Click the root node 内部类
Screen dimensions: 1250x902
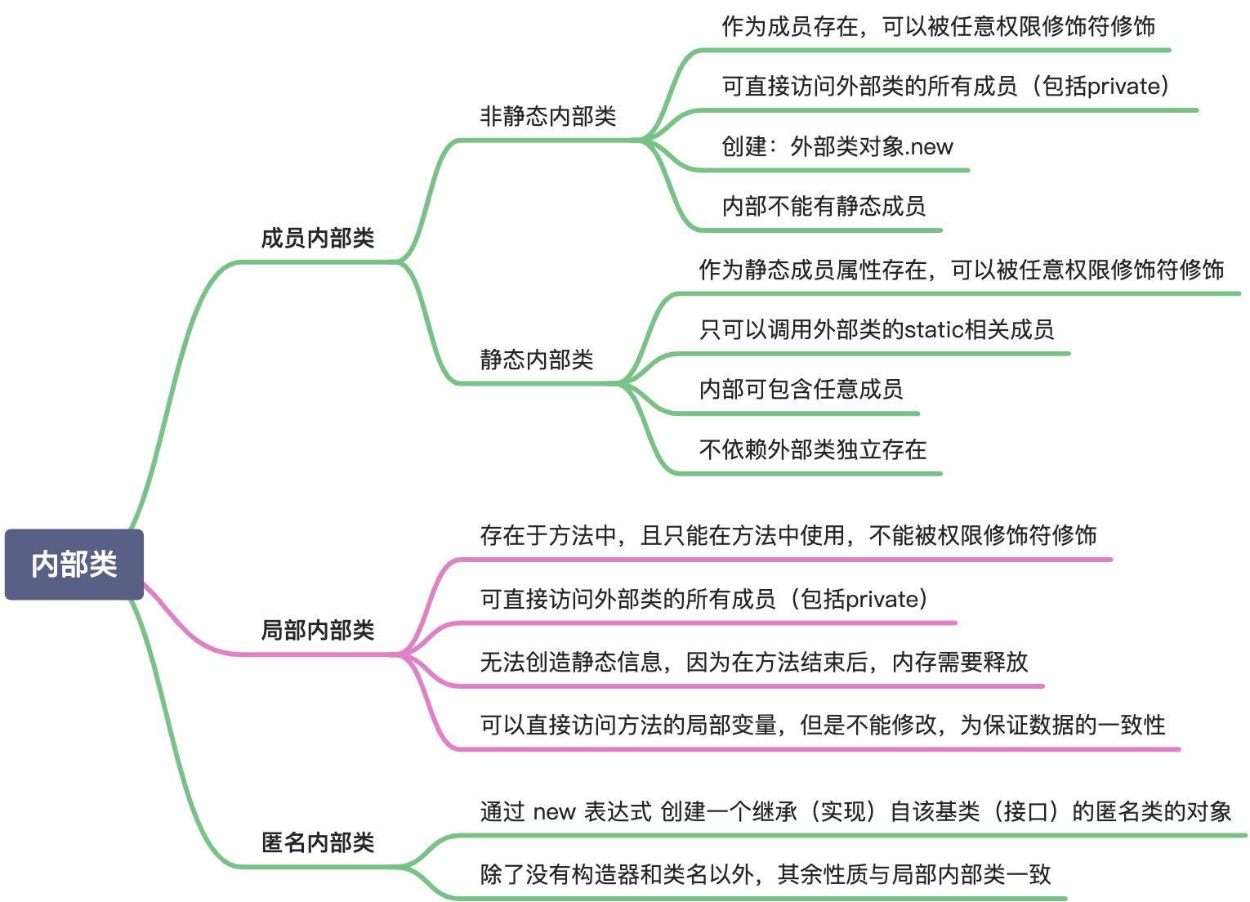[x=74, y=565]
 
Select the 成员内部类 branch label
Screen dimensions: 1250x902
[x=317, y=238]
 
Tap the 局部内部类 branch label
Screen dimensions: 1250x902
[x=317, y=630]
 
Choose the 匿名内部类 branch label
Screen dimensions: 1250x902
[x=317, y=842]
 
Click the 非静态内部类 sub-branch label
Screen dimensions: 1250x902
[x=547, y=116]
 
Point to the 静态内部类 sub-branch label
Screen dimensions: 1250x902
[x=536, y=359]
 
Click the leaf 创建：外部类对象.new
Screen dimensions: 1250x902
[x=837, y=146]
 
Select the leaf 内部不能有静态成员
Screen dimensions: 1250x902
[x=823, y=206]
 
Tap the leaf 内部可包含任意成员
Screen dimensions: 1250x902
[x=801, y=389]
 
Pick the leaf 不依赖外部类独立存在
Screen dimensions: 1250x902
[x=812, y=449]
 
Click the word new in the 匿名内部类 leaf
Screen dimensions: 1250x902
[x=555, y=811]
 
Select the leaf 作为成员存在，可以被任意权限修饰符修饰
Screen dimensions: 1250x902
[x=938, y=26]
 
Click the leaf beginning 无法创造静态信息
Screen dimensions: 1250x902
[x=753, y=661]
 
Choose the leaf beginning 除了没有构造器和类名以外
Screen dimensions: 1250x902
[x=765, y=874]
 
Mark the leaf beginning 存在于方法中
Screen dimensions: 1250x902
[x=788, y=535]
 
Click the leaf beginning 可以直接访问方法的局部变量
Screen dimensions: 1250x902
[x=822, y=725]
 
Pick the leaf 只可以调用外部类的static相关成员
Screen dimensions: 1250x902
[x=876, y=329]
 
